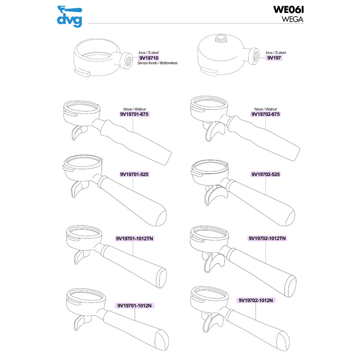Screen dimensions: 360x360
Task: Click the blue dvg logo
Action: (70, 17)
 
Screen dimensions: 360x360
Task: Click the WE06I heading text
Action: (288, 9)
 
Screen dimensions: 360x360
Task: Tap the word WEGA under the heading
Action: (292, 19)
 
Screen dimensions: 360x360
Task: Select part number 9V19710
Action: (149, 58)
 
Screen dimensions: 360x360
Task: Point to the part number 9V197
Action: (274, 58)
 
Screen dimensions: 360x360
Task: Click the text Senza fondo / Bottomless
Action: (157, 63)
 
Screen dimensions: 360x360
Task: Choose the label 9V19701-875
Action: (134, 114)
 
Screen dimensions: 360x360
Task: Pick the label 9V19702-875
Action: (265, 114)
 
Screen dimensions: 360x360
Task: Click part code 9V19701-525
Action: (134, 174)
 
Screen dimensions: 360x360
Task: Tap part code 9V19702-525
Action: (265, 174)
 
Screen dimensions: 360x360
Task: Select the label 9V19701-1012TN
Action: (134, 238)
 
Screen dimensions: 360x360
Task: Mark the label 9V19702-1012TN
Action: (267, 238)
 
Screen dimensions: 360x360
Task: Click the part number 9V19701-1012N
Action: (135, 306)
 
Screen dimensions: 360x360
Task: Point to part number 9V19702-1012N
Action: (256, 300)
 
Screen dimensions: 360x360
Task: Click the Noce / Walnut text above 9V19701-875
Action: (135, 109)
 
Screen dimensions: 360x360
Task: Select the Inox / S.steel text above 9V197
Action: (276, 53)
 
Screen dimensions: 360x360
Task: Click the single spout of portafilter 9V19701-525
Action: (77, 189)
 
